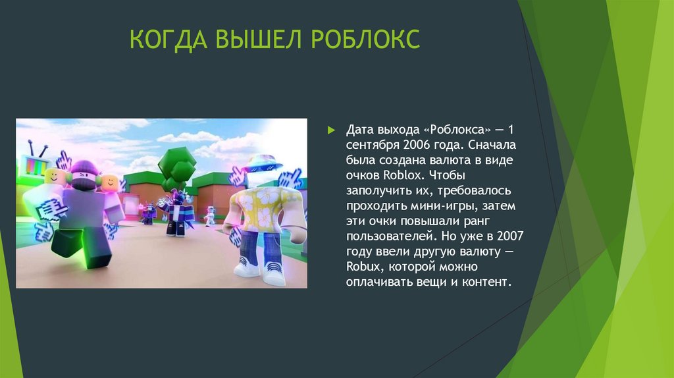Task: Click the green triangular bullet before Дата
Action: point(332,129)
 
